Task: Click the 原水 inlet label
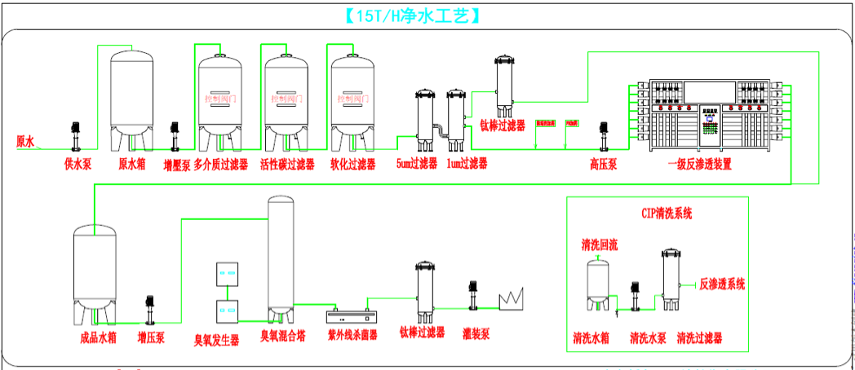(26, 141)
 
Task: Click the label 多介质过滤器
(220, 165)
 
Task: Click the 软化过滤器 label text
(352, 165)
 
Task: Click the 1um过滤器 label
(467, 165)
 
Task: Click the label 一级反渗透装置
(699, 165)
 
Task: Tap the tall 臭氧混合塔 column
(281, 257)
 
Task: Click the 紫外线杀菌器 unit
(352, 315)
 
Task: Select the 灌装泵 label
(475, 333)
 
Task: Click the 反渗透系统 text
(722, 284)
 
